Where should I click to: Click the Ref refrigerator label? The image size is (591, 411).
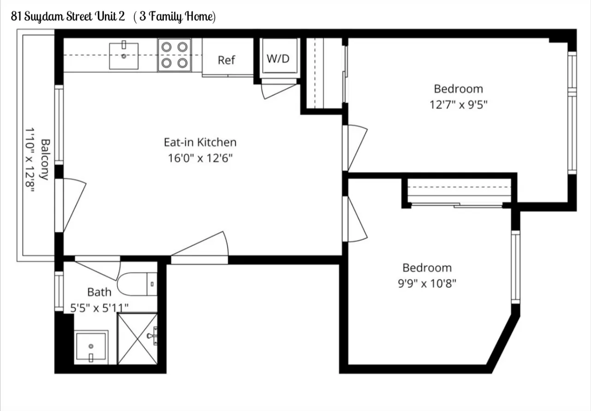[x=227, y=60]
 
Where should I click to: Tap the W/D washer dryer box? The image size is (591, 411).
[x=278, y=59]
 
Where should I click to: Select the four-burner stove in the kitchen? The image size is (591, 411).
[x=174, y=55]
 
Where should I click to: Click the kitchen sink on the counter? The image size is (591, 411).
[x=124, y=56]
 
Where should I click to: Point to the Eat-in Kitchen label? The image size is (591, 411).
[x=200, y=142]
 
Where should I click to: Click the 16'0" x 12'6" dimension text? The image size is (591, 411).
[x=200, y=158]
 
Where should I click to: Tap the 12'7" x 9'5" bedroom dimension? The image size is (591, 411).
[x=459, y=105]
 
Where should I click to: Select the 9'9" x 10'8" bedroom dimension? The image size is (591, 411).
[x=427, y=283]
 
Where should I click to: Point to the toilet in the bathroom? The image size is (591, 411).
[x=136, y=284]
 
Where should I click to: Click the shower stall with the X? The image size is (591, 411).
[x=137, y=338]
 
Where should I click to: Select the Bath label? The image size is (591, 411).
[x=99, y=292]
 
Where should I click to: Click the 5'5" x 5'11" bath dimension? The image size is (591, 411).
[x=99, y=307]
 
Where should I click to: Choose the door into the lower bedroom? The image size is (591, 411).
[x=356, y=219]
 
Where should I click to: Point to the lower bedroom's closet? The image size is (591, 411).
[x=459, y=191]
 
